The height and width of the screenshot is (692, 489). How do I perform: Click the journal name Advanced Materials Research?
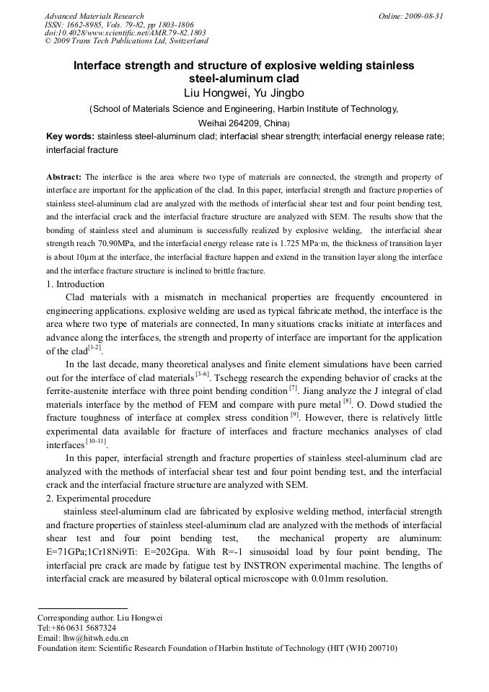click(x=94, y=16)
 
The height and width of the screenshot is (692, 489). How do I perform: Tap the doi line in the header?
click(x=125, y=33)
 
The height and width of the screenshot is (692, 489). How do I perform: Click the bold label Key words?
click(x=70, y=136)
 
